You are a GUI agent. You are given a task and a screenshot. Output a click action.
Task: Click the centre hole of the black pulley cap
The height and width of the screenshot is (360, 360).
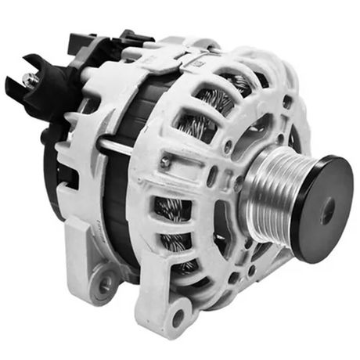click(326, 210)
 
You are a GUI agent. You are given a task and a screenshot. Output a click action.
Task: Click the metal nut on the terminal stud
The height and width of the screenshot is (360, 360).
click(29, 79)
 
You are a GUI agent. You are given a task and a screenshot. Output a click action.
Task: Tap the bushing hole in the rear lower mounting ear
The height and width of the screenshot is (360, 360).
click(105, 285)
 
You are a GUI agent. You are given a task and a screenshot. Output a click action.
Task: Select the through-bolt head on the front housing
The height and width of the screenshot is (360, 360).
click(165, 162)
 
